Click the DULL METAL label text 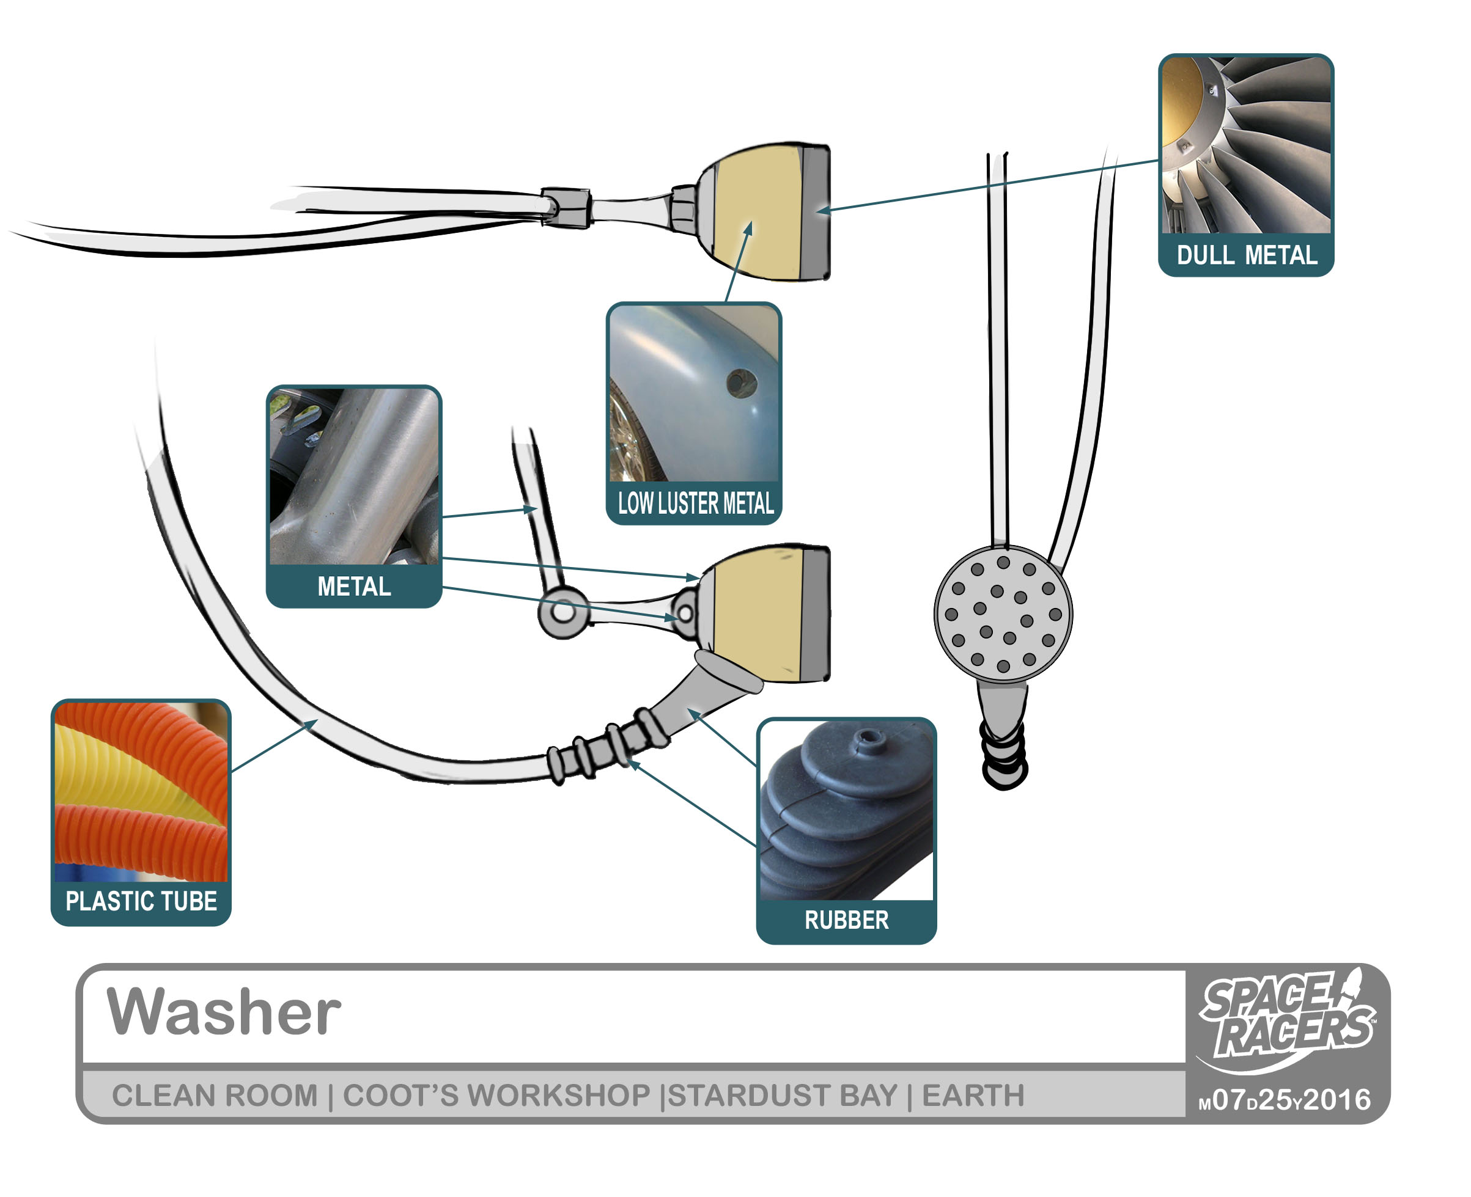tap(1246, 255)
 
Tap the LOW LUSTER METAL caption tap(695, 503)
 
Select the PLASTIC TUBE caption tap(141, 901)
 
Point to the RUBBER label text tap(846, 920)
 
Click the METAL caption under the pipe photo tap(354, 586)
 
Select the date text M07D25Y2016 tap(1285, 1100)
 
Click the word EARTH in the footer tap(973, 1096)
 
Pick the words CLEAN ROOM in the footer tap(215, 1096)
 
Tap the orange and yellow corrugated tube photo tap(141, 791)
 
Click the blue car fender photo tap(693, 393)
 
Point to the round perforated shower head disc tap(1003, 613)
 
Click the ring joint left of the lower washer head tap(564, 612)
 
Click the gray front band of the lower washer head tap(814, 613)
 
